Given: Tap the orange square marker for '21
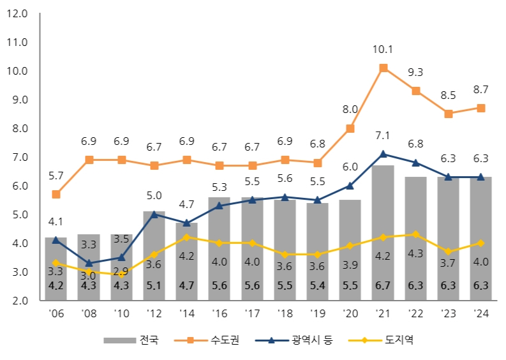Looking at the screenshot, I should pyautogui.click(x=383, y=68).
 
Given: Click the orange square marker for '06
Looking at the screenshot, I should pyautogui.click(x=56, y=194).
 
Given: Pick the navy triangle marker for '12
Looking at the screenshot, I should pyautogui.click(x=154, y=214).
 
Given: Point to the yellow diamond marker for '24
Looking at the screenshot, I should pyautogui.click(x=480, y=243).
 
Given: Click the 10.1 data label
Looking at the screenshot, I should pyautogui.click(x=383, y=49).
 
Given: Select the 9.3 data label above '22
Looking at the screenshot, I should pyautogui.click(x=416, y=72).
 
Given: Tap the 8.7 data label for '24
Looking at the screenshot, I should pyautogui.click(x=481, y=89).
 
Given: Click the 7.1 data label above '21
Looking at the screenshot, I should pyautogui.click(x=383, y=135).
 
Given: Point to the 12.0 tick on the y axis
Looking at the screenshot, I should pyautogui.click(x=16, y=13).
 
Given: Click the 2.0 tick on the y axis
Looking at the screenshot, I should pyautogui.click(x=19, y=301).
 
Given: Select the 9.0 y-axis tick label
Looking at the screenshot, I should pyautogui.click(x=19, y=100).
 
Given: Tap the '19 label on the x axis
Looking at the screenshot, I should pyautogui.click(x=317, y=314).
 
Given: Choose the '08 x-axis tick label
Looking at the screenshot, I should pyautogui.click(x=88, y=314).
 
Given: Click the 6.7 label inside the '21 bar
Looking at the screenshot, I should pyautogui.click(x=383, y=285).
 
